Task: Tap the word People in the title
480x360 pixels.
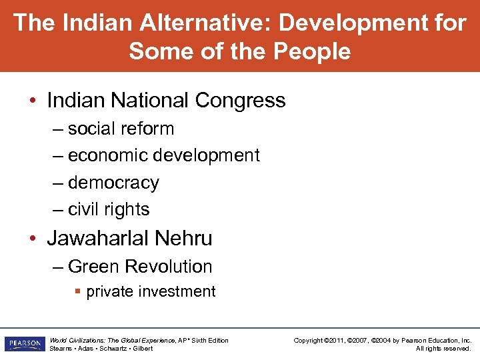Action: click(310, 51)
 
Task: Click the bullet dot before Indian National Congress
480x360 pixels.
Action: click(32, 101)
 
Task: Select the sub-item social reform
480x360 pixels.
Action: click(121, 129)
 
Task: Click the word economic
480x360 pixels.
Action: click(109, 155)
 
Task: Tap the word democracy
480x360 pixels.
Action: click(113, 183)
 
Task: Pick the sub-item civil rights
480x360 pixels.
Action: click(109, 209)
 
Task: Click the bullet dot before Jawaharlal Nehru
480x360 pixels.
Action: click(32, 238)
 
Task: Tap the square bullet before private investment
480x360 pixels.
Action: click(78, 291)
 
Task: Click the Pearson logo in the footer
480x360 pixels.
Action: click(24, 344)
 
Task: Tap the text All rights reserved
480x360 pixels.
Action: click(443, 349)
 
